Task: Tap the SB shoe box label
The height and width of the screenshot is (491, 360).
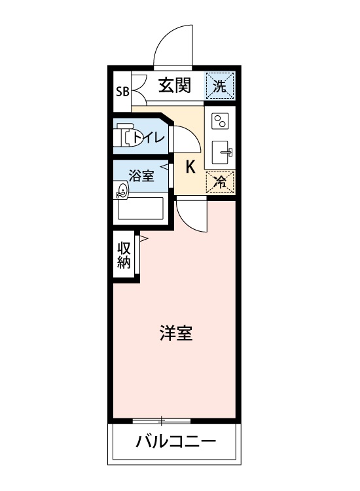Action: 122,91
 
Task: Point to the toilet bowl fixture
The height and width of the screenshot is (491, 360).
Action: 124,136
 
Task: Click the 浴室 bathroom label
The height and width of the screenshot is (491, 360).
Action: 141,175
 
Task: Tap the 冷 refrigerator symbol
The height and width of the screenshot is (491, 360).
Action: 221,182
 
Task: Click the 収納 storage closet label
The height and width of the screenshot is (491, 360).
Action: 124,255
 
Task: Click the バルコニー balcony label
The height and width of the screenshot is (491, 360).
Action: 175,442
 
